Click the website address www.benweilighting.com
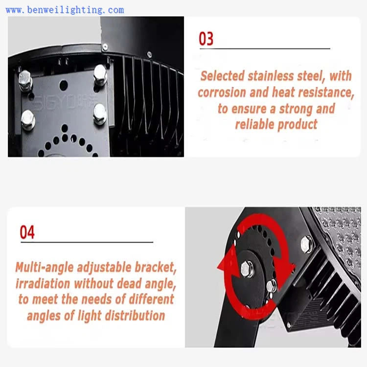tap(65, 10)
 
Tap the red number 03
tap(206, 39)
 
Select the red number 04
tap(27, 232)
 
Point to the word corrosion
tap(222, 92)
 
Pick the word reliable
tap(254, 124)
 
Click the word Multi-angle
tap(45, 268)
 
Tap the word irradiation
tap(43, 283)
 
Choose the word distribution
tap(135, 316)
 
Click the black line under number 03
tap(265, 48)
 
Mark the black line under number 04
tap(87, 242)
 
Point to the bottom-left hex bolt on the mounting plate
tap(28, 120)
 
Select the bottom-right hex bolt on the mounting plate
tap(100, 114)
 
